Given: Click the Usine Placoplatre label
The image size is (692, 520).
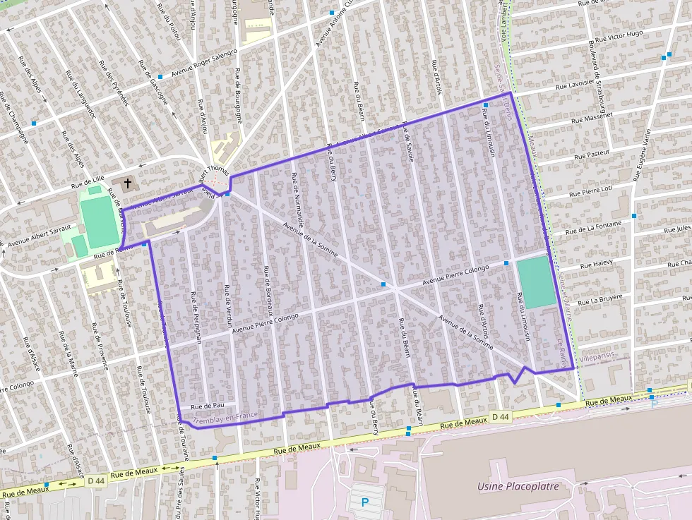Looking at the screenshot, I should point(518,486).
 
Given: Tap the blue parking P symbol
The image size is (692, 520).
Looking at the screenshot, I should point(365,502).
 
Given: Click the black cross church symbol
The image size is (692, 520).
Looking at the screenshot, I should point(128,184).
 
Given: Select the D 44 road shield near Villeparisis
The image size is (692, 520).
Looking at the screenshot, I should point(500,417).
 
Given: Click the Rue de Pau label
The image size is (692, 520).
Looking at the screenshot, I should point(208,406).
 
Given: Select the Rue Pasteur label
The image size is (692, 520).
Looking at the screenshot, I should point(592,154).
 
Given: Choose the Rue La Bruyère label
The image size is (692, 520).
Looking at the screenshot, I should point(600,298).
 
